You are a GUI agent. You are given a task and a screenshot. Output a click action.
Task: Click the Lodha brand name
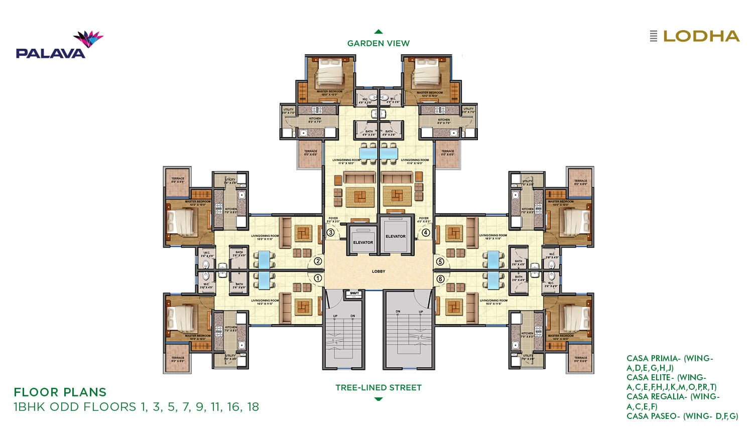(x=701, y=36)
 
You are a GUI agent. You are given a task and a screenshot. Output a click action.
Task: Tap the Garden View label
(x=379, y=43)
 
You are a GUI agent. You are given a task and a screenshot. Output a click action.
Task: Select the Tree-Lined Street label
(x=379, y=387)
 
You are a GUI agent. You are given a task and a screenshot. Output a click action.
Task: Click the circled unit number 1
(x=318, y=278)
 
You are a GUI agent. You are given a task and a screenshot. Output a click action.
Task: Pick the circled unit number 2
(x=318, y=261)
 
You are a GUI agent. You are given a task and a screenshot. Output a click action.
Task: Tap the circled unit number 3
(x=330, y=233)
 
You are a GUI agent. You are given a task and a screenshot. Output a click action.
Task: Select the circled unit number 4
(x=426, y=233)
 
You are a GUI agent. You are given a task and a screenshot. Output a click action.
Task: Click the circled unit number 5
(x=440, y=261)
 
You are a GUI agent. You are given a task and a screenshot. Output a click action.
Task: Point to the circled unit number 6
(x=440, y=279)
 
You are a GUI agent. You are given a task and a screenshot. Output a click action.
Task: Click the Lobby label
(x=379, y=271)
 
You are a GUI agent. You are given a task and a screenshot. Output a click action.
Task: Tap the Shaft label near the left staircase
(x=354, y=293)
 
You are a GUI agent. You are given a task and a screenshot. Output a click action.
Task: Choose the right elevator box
(x=396, y=235)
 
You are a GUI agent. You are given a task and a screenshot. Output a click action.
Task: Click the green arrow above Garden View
(x=379, y=32)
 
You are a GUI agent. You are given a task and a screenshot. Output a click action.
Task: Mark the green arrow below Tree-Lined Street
(x=379, y=399)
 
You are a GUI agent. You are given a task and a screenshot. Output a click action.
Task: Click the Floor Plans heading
(x=60, y=392)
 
